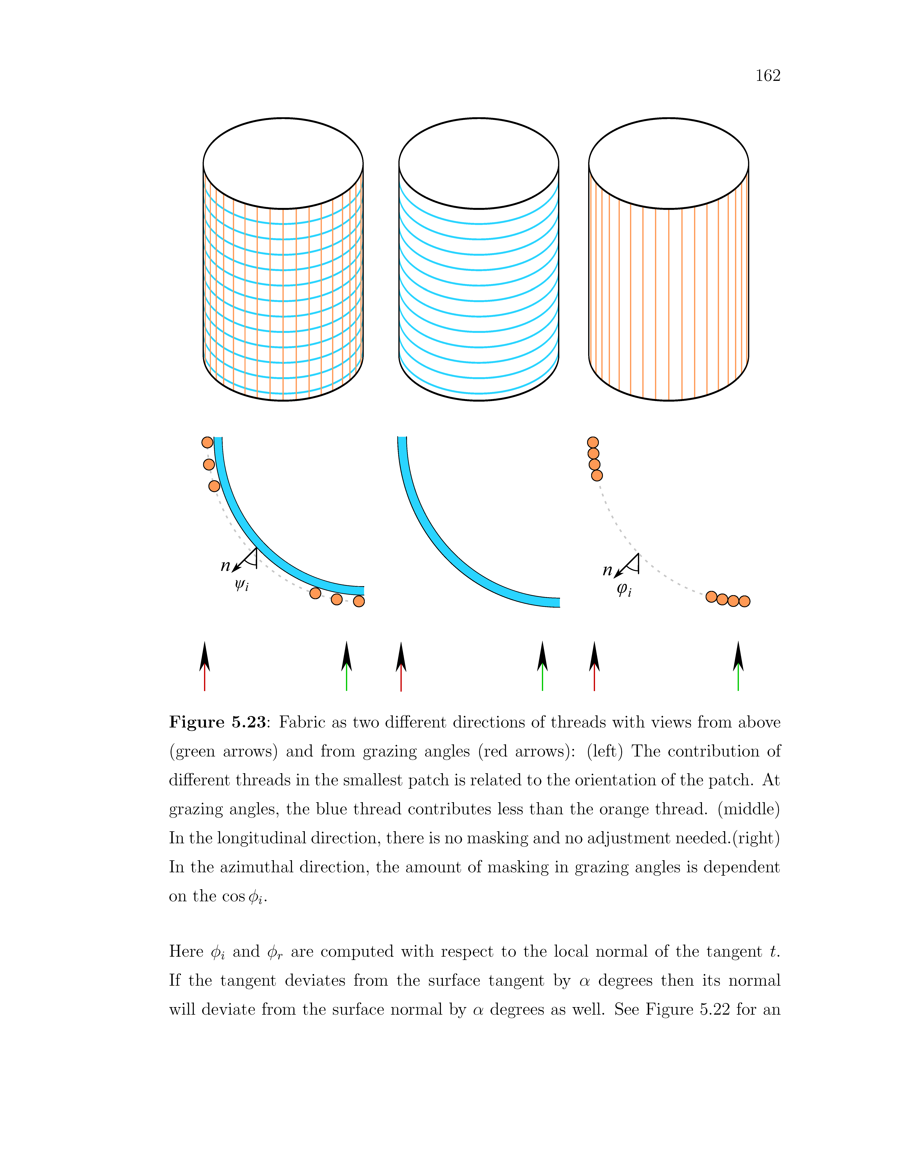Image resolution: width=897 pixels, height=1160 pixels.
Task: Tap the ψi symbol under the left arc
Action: (x=242, y=585)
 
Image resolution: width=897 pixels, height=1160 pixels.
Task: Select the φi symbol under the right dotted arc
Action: (x=624, y=589)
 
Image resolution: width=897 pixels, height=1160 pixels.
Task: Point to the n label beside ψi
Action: (x=225, y=566)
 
